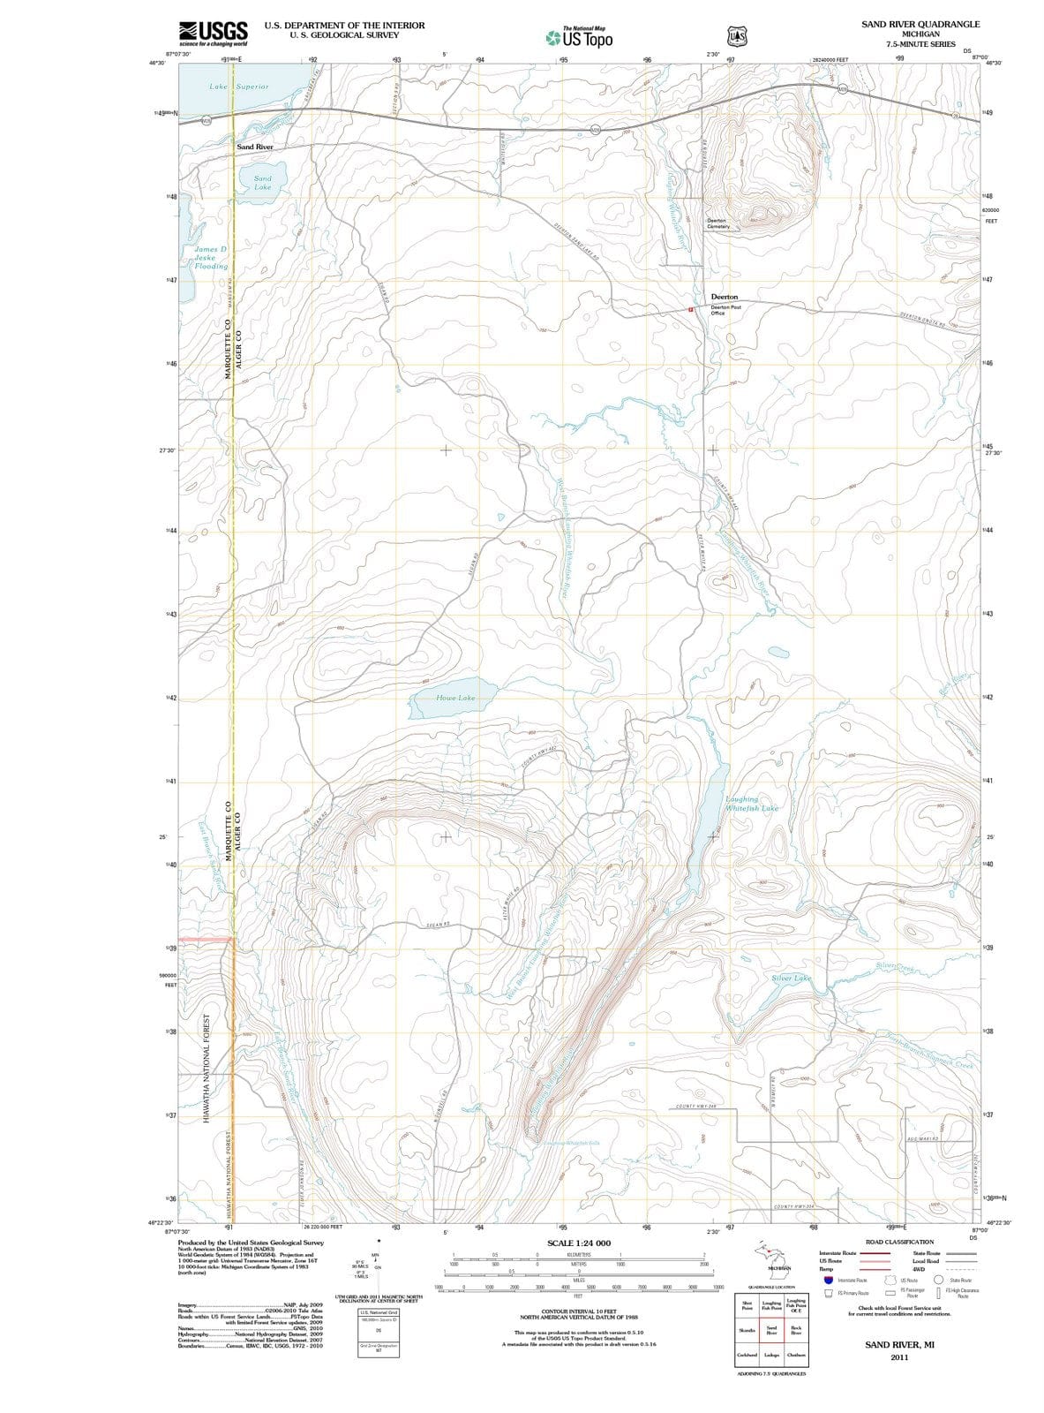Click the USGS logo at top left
coord(213,33)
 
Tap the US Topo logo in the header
coord(581,38)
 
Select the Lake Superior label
coord(238,87)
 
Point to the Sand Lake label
coord(263,183)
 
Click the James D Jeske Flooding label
coord(211,258)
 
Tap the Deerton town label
coord(725,297)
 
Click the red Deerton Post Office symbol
coord(692,309)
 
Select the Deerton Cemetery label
coord(718,223)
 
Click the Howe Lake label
coord(455,698)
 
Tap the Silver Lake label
coord(791,979)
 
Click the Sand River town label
coord(254,147)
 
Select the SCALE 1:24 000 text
coord(579,1243)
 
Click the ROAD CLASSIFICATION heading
coord(899,1242)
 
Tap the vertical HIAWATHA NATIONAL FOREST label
coord(207,1069)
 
